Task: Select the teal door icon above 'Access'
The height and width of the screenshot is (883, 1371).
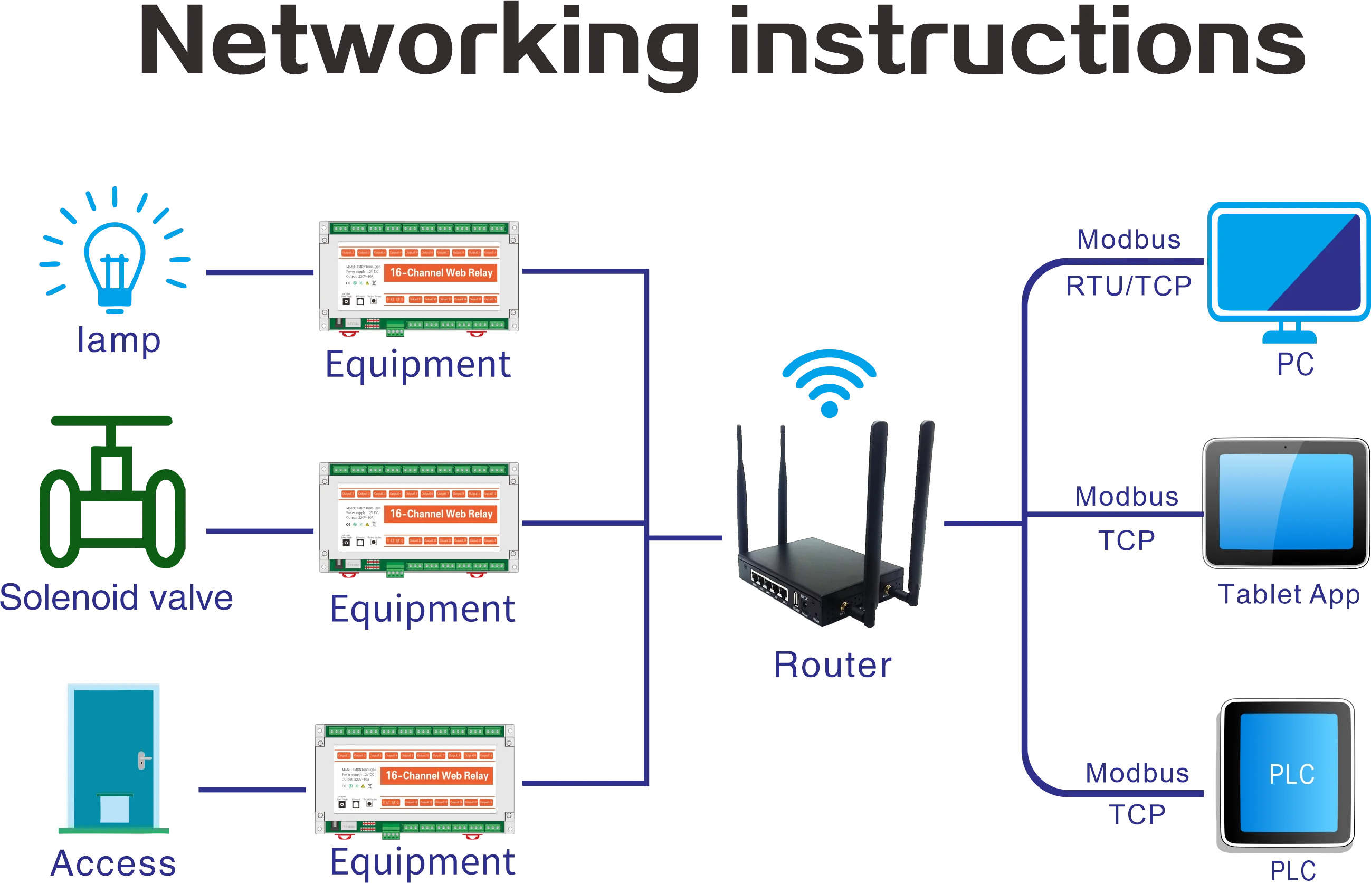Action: pos(113,757)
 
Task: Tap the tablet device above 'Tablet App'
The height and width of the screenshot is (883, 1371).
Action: pos(1286,502)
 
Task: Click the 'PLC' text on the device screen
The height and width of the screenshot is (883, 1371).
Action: pos(1291,774)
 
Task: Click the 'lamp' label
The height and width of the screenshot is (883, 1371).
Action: pos(118,340)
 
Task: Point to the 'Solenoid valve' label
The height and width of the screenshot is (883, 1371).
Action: pos(118,597)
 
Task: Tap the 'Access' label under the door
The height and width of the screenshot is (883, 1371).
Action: pos(112,863)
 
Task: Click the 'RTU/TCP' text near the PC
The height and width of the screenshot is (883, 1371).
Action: pos(1128,286)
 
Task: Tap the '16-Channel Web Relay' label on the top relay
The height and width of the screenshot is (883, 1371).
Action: pos(441,273)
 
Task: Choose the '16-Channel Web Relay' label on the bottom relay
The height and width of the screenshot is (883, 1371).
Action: pos(437,776)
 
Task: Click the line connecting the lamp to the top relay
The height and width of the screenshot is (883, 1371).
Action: pos(260,272)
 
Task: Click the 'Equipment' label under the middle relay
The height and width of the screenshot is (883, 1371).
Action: pos(423,610)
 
